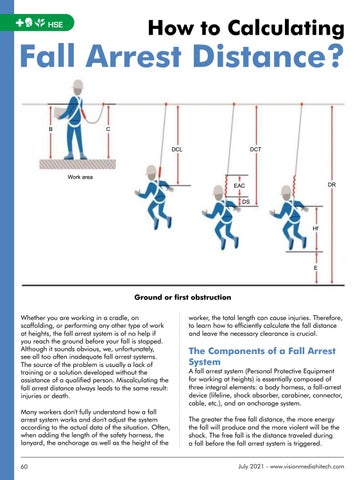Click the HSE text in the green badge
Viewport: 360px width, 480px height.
coord(55,24)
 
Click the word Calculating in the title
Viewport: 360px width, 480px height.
coord(286,28)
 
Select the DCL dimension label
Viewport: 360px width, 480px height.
coord(177,150)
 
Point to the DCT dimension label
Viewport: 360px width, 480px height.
coord(256,150)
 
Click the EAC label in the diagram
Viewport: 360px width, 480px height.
coord(239,185)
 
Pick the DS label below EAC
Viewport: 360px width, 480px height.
coord(246,201)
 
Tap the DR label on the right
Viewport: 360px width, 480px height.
coord(332,184)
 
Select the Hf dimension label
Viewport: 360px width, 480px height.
coord(315,229)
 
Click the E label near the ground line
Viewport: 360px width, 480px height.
coord(316,268)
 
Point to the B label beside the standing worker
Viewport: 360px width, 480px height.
coord(50,129)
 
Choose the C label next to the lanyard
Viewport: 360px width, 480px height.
coord(108,129)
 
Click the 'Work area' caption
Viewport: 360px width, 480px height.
coord(80,177)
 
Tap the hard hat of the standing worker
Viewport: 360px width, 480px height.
coord(78,84)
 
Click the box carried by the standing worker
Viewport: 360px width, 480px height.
coord(61,113)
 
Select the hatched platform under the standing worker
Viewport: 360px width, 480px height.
coord(78,164)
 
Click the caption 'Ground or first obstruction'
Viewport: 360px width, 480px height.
coord(183,297)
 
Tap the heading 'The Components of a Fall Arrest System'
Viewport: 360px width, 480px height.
coord(262,356)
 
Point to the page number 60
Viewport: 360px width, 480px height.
coord(24,466)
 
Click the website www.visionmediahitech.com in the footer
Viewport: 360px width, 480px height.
coord(307,466)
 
